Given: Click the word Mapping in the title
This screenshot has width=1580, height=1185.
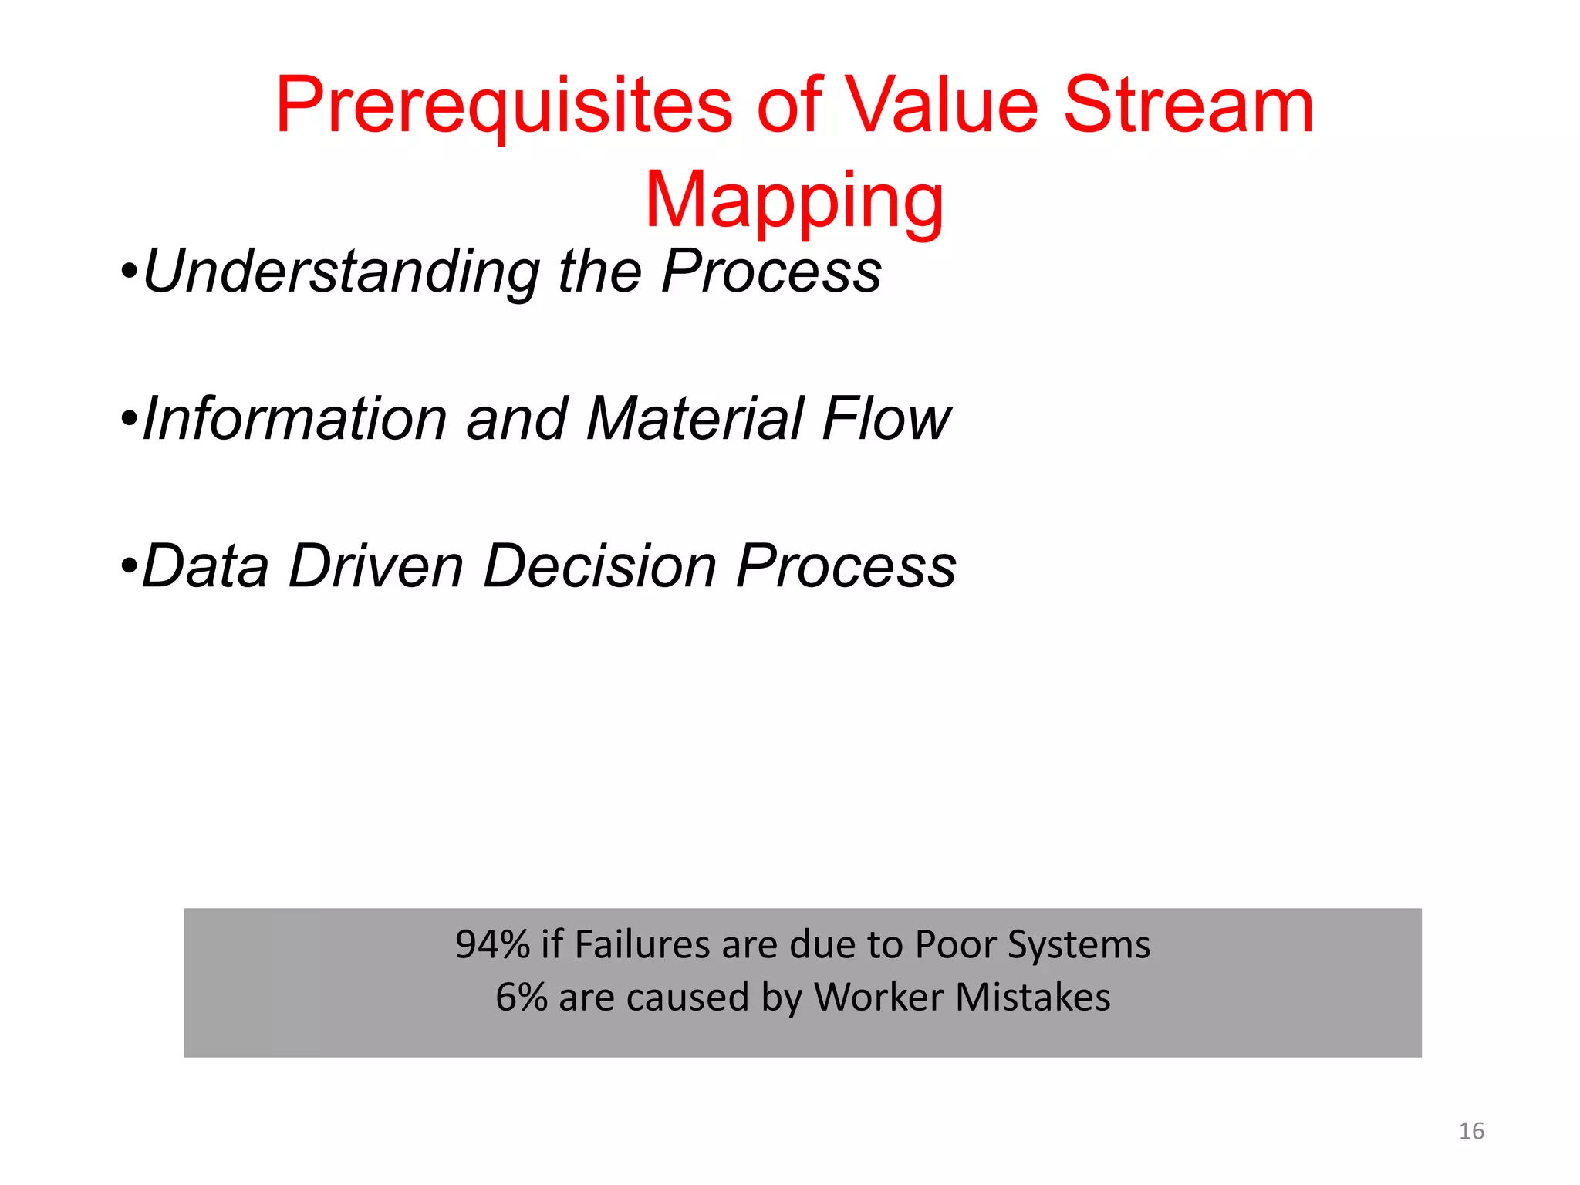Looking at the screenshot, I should point(794,202).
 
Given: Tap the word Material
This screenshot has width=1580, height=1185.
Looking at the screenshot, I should point(695,419).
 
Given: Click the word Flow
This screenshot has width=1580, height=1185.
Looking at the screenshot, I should point(886,419).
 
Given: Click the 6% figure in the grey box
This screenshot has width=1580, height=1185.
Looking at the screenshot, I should point(521,998).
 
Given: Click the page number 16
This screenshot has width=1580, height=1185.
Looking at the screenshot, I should point(1471,1131).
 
